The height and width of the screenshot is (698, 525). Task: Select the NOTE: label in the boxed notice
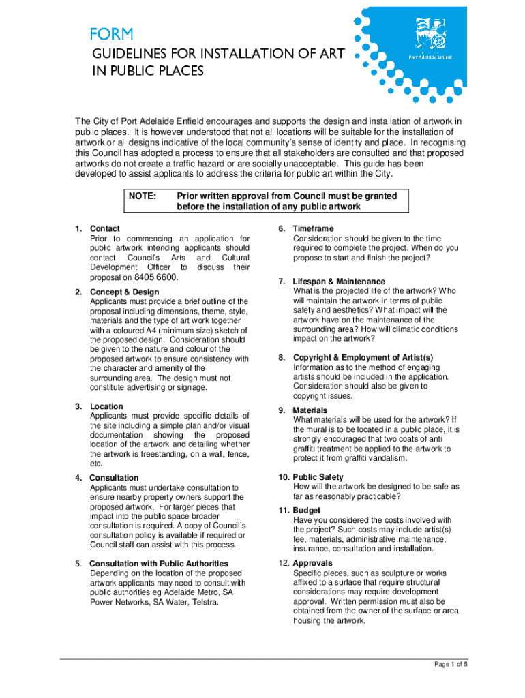[142, 196]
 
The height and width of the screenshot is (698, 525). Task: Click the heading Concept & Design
[126, 292]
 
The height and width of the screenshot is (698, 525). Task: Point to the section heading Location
[106, 406]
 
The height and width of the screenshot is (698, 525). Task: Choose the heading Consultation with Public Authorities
[159, 564]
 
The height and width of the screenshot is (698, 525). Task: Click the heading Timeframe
[313, 229]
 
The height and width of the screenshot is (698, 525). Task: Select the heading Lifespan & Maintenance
[339, 282]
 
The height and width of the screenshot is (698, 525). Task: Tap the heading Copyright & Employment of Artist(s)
[363, 358]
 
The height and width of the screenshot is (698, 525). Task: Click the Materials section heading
[310, 410]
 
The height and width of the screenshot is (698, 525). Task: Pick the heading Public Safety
[318, 477]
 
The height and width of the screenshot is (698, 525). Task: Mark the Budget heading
[307, 511]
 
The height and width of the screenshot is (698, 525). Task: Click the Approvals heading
[312, 563]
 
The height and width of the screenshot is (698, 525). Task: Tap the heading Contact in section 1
[105, 229]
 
